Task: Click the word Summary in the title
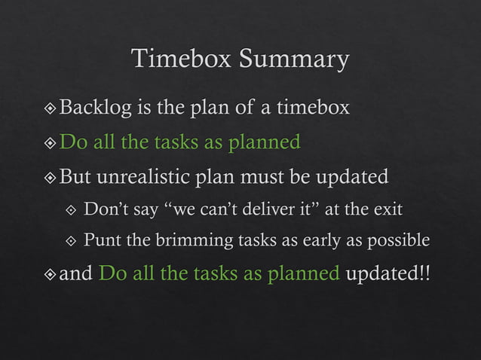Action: pos(294,59)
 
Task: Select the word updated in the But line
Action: pos(354,178)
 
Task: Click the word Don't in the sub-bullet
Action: pos(104,209)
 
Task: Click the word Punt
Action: pos(100,240)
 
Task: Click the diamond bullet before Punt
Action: pos(72,241)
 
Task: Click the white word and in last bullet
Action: pos(76,273)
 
